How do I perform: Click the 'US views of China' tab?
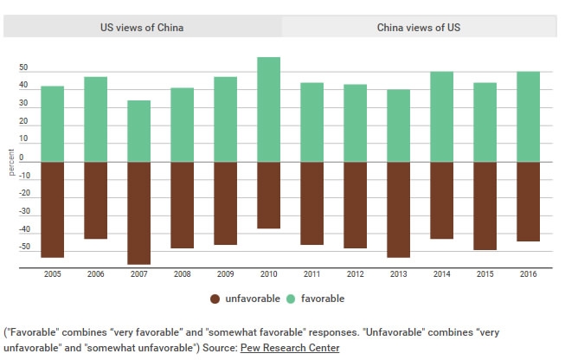(142, 28)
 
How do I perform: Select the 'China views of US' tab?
(419, 28)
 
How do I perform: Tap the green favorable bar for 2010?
(268, 109)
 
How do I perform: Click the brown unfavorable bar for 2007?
(138, 213)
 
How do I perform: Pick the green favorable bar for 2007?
(138, 131)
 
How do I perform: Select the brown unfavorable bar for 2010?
(268, 195)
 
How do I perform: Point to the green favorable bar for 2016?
(528, 116)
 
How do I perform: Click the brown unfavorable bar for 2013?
(398, 209)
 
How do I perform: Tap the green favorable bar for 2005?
(52, 124)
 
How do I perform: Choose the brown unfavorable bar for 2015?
(485, 206)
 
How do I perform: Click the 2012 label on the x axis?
(355, 274)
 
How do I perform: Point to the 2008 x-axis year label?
(182, 274)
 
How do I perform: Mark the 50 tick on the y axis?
(23, 68)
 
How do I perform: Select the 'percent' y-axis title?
(10, 161)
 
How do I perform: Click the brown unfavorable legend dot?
(215, 299)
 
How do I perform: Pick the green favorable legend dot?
(291, 299)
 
